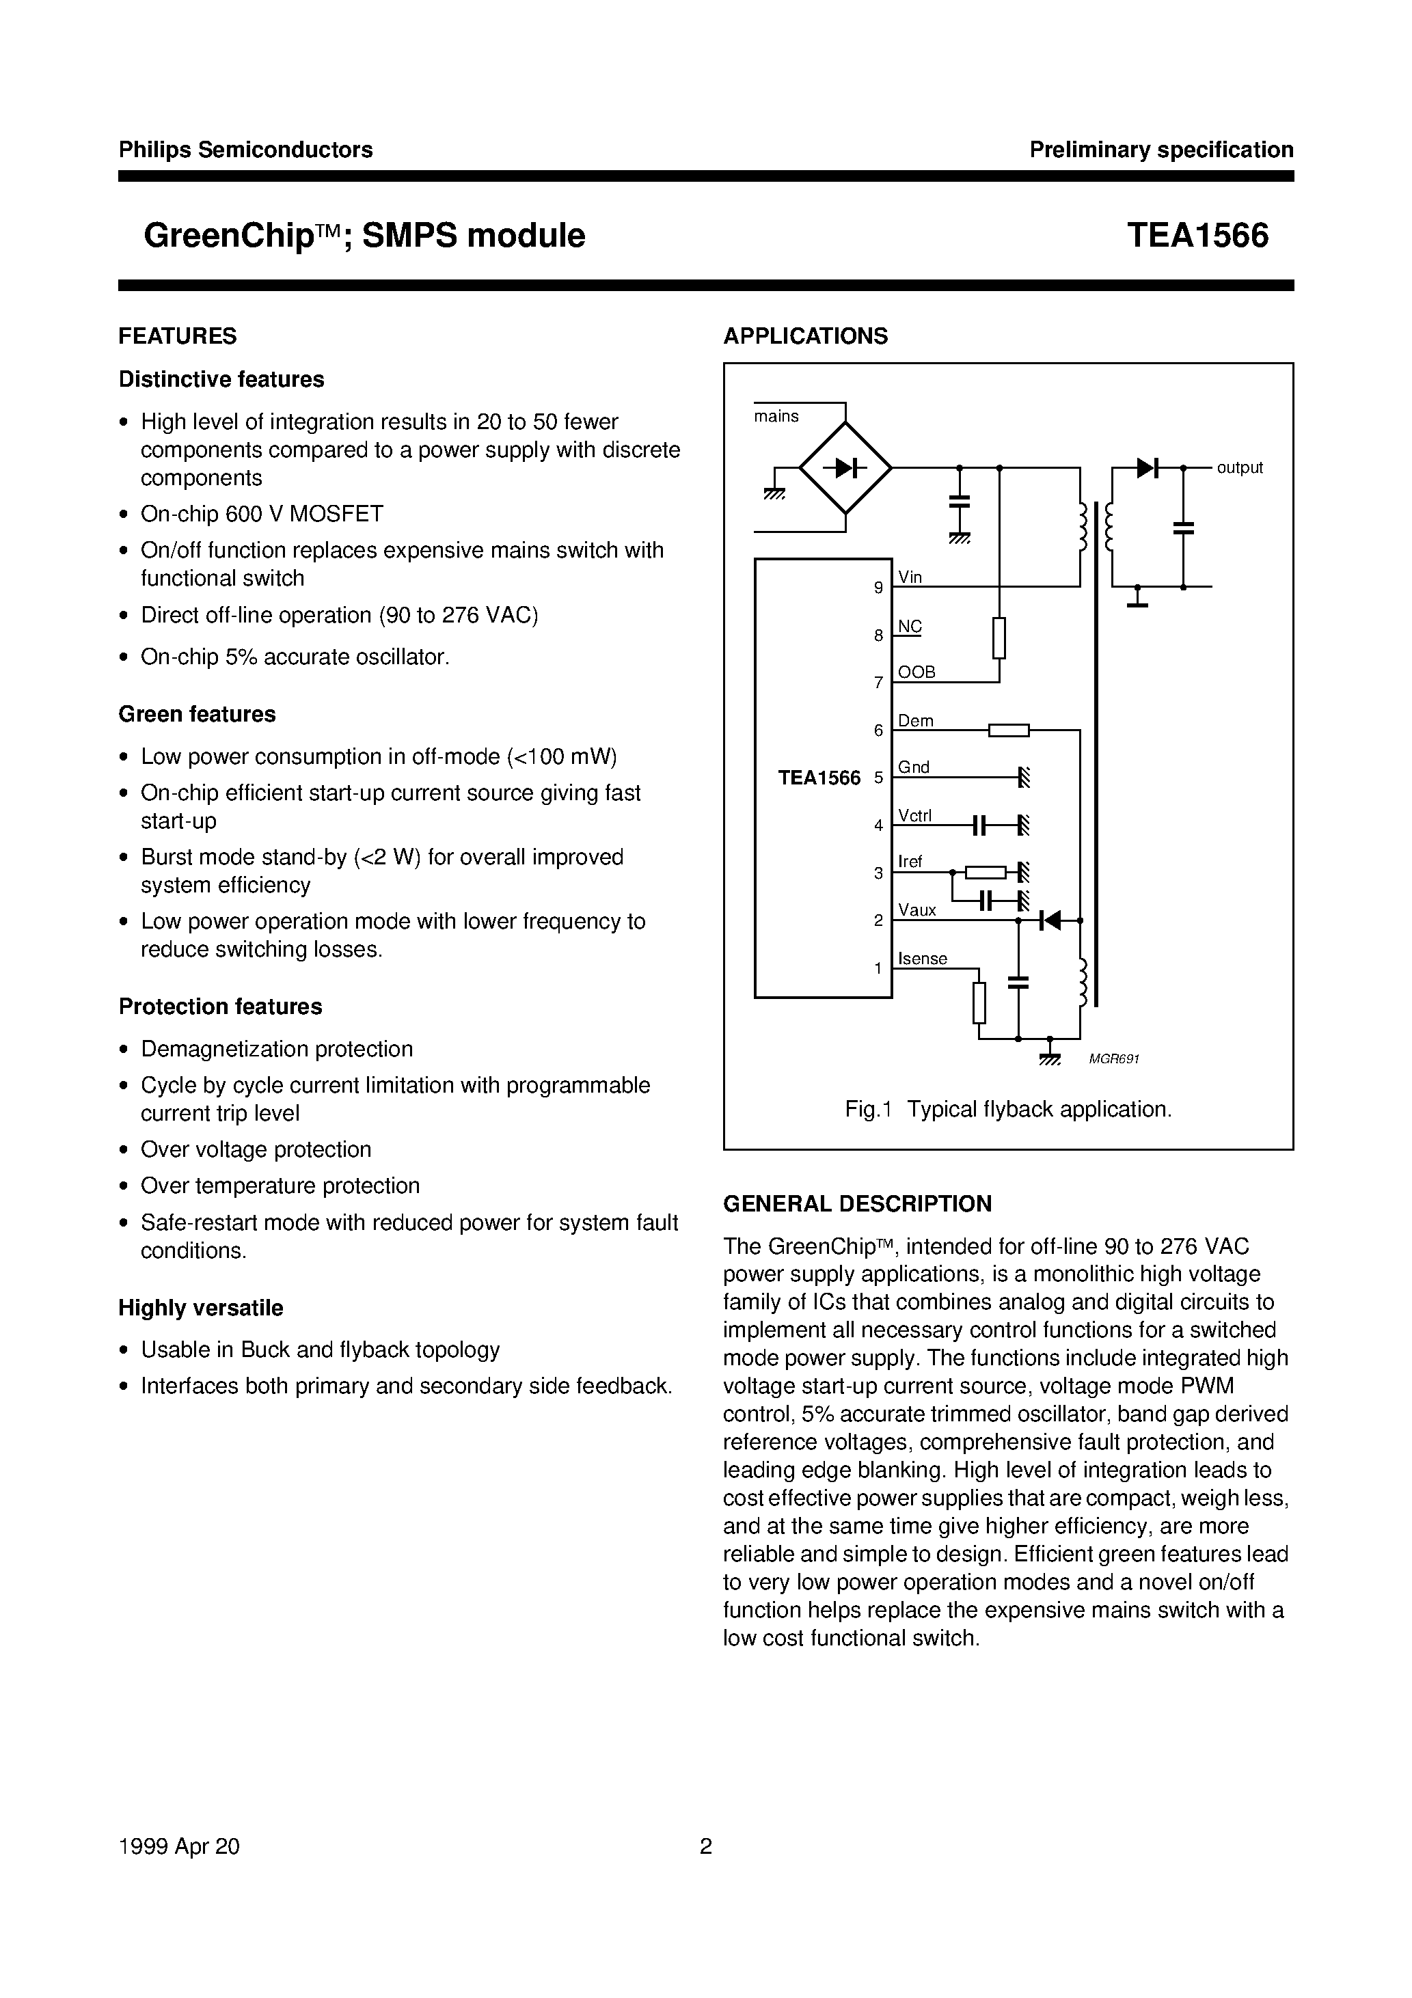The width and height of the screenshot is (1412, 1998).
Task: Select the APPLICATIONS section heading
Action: click(805, 336)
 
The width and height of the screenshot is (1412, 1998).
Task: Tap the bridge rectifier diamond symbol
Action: click(845, 468)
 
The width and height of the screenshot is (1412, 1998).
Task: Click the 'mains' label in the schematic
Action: click(776, 417)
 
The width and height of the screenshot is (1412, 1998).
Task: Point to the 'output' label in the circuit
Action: click(1239, 468)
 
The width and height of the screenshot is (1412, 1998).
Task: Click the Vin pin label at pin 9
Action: click(910, 577)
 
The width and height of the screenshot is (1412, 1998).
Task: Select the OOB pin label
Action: click(917, 672)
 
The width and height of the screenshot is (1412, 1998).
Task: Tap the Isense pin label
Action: click(923, 958)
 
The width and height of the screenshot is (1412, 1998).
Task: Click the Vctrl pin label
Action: click(915, 815)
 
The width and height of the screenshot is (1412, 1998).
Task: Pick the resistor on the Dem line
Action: click(1009, 730)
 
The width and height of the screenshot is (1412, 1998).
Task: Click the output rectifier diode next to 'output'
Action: click(1147, 468)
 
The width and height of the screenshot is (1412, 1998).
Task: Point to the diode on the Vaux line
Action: click(1050, 920)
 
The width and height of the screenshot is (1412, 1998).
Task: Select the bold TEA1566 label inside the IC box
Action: click(819, 778)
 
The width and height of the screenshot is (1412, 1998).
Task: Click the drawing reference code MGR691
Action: click(1114, 1059)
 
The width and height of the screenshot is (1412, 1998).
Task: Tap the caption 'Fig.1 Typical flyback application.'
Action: click(1008, 1110)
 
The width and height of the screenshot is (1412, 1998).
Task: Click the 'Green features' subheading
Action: click(197, 715)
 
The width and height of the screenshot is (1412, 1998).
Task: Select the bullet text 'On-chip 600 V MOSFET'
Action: click(262, 515)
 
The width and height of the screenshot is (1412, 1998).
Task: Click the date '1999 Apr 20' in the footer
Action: click(178, 1846)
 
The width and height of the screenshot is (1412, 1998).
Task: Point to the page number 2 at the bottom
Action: click(706, 1846)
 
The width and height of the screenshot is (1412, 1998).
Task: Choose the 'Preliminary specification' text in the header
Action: click(1161, 150)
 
